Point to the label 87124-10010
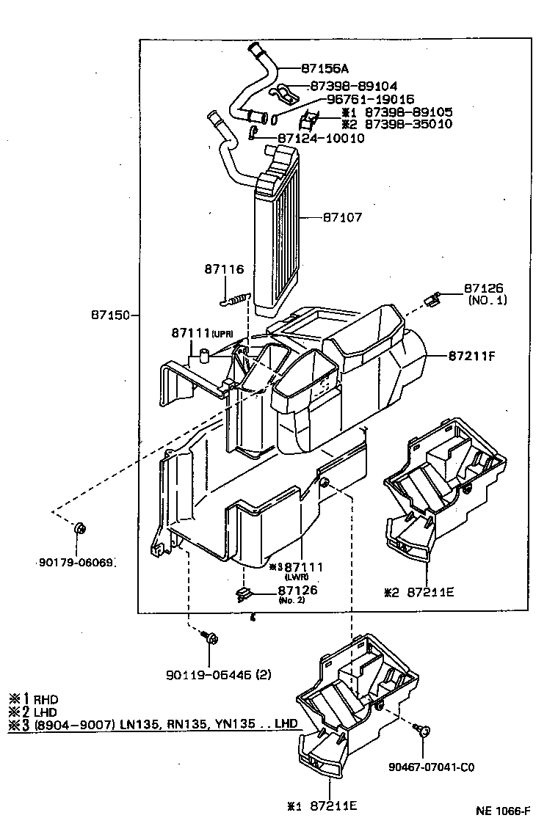tap(321, 138)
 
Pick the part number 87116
tap(224, 270)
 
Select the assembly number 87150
tap(110, 315)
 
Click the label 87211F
tap(471, 356)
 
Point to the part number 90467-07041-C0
tap(431, 767)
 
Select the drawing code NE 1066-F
tap(502, 811)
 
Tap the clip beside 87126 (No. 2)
tap(244, 594)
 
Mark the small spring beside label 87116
tap(236, 299)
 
